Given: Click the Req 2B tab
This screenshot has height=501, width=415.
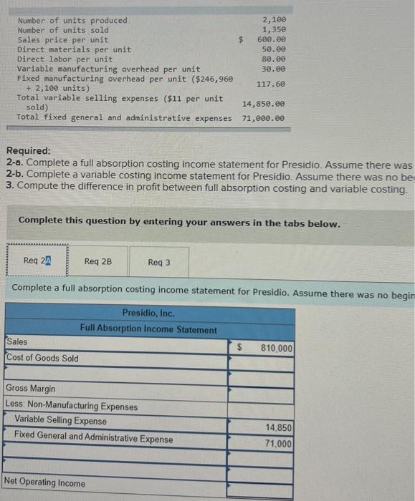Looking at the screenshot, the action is [x=97, y=261].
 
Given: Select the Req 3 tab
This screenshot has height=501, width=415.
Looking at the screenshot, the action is [x=159, y=262].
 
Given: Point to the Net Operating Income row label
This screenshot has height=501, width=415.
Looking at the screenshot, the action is [x=44, y=483].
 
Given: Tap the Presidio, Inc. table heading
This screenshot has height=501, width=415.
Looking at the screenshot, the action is [x=148, y=313].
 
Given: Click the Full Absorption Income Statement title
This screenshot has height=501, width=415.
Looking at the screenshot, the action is [x=148, y=330].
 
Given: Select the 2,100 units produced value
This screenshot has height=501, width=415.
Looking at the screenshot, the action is [x=273, y=20].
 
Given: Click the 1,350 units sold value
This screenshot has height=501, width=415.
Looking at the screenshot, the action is [x=273, y=30].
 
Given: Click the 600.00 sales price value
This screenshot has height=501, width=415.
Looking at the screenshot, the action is [x=271, y=40].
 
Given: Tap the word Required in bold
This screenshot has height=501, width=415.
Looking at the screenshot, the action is [x=28, y=151].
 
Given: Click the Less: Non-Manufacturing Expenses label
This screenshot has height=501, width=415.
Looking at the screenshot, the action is [x=72, y=407].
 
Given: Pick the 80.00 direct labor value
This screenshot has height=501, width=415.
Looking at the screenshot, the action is [x=273, y=59].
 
